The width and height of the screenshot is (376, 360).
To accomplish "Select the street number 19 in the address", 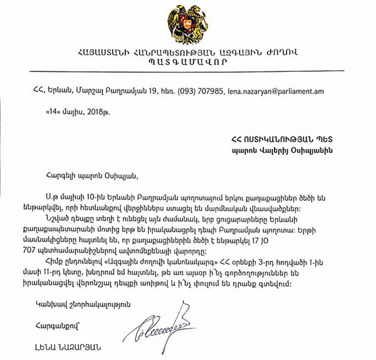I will pos(154,90).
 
